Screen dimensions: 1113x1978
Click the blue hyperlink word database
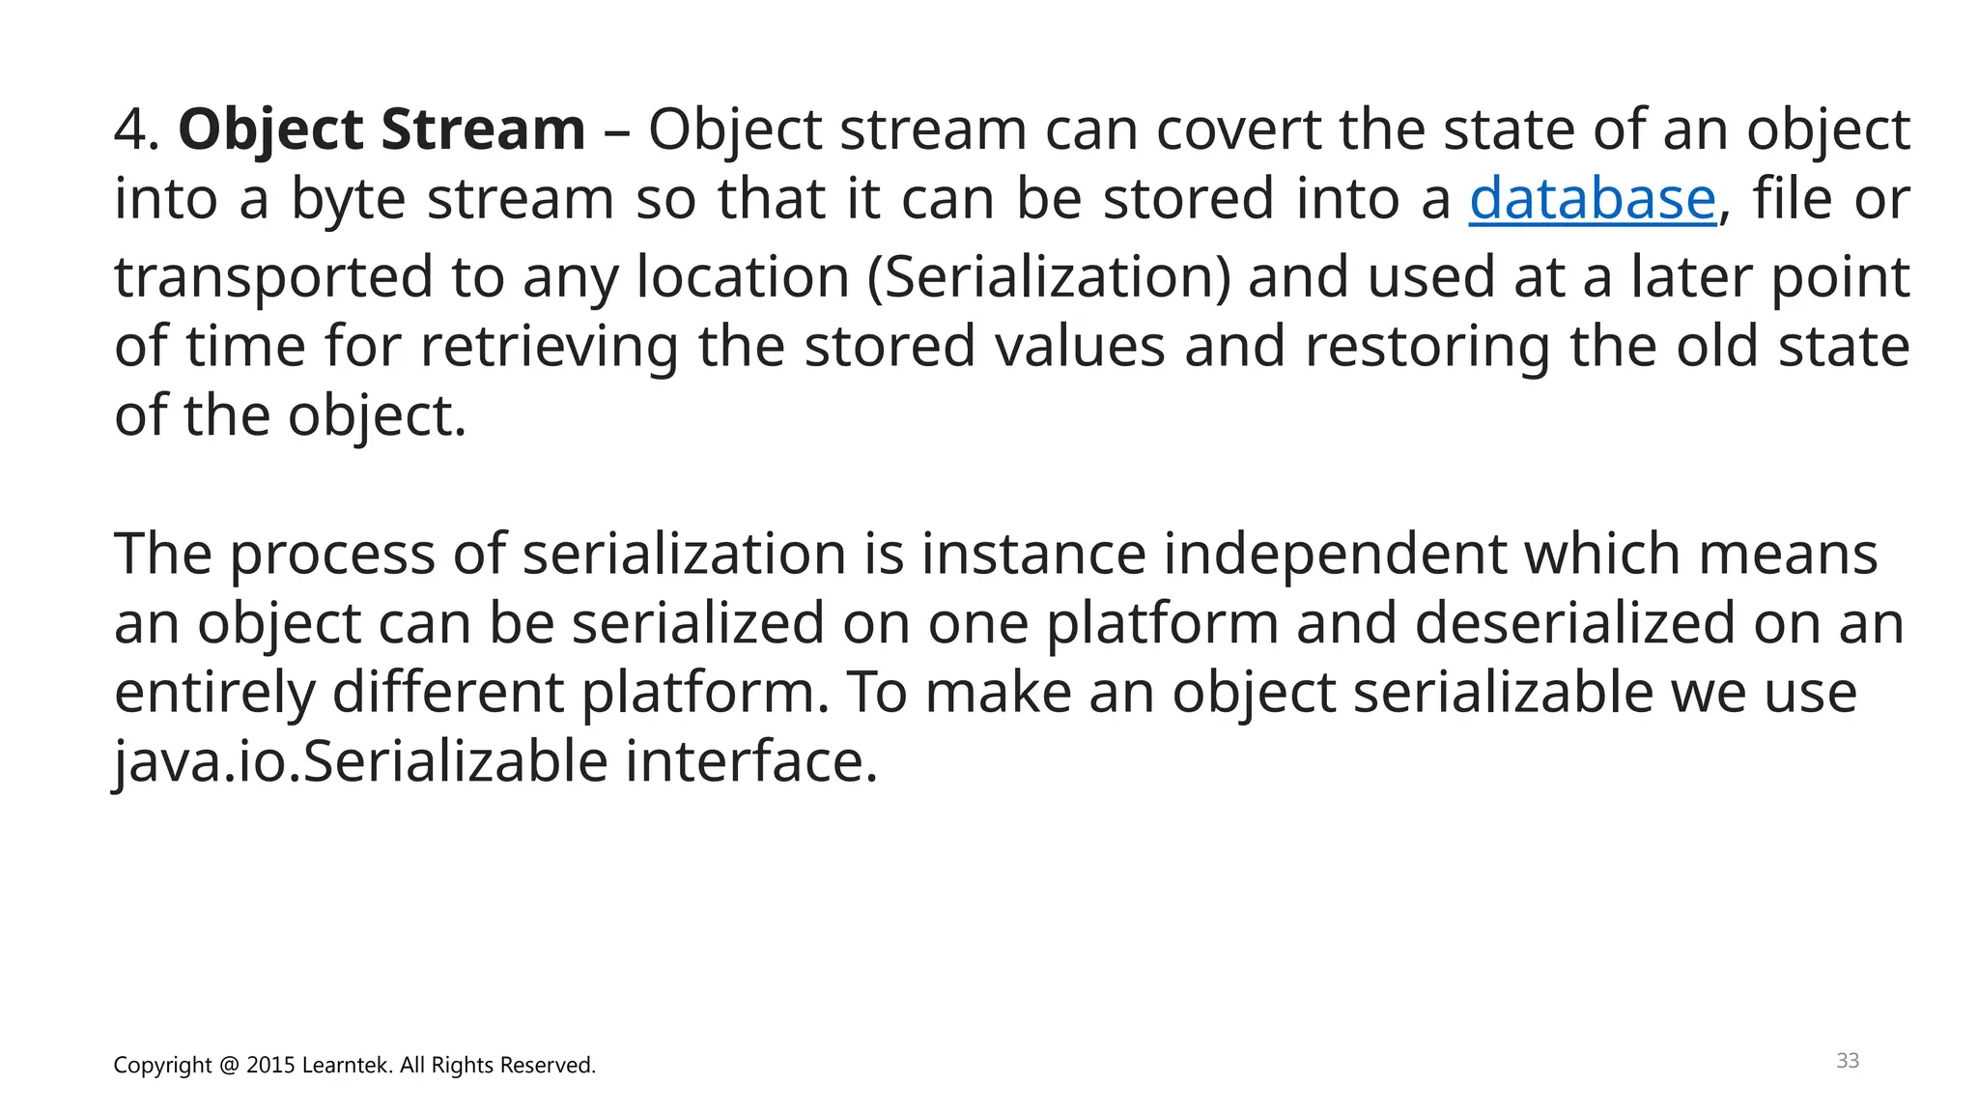[1592, 199]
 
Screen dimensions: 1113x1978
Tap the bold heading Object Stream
[381, 129]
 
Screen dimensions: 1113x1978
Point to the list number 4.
[134, 129]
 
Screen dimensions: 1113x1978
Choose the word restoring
[1427, 347]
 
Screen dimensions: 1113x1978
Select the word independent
[1334, 555]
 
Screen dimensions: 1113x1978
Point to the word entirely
[214, 694]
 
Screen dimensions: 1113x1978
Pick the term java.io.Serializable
[360, 762]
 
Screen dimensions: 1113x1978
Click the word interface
[751, 762]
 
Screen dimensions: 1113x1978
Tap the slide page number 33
[1847, 1061]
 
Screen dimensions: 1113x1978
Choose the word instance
[1033, 555]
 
